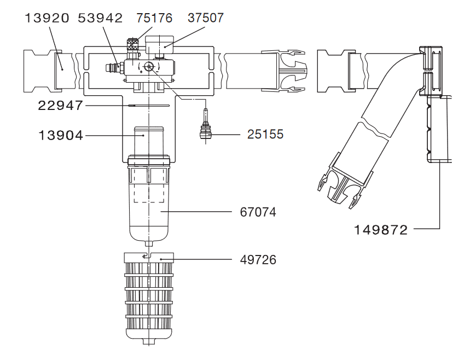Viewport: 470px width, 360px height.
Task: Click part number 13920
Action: [47, 18]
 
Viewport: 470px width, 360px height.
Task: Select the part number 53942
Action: [100, 18]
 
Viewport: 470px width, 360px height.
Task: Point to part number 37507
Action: [206, 18]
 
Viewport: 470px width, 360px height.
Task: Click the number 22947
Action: [60, 105]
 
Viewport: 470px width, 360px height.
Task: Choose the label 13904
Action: [61, 135]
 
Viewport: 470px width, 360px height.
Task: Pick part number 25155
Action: [265, 133]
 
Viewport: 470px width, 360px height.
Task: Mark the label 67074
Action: [258, 212]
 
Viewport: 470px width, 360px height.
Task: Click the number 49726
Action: [258, 260]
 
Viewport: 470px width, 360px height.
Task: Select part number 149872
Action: [381, 229]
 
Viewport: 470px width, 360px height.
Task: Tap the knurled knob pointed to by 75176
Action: [131, 46]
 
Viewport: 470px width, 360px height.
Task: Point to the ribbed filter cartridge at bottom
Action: [149, 301]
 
